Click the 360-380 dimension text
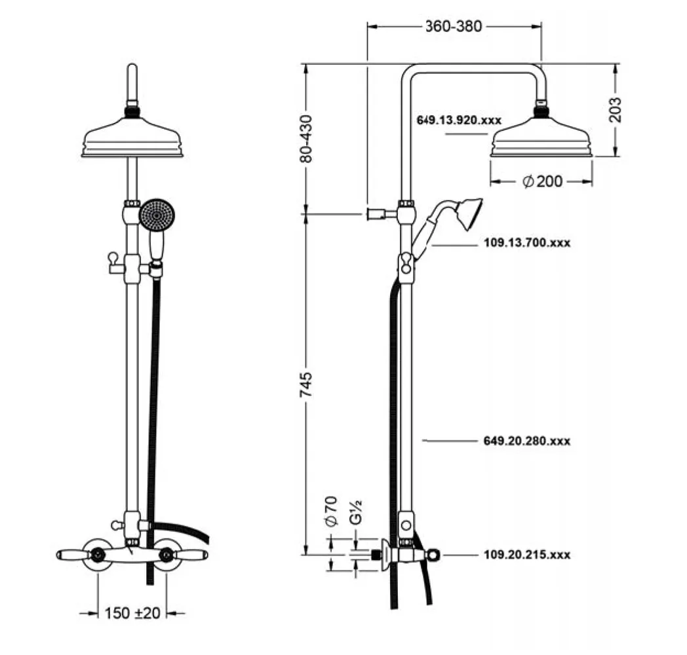pos(454,27)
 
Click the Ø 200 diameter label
pos(542,181)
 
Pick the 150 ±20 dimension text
pos(132,613)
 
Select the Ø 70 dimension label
pos(330,512)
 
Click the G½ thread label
pos(355,512)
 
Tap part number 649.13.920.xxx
pos(459,121)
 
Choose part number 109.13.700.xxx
pos(527,243)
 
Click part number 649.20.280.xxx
pos(527,441)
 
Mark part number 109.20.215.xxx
pos(527,555)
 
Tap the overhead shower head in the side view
pos(542,138)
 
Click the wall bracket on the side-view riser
pos(377,214)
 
